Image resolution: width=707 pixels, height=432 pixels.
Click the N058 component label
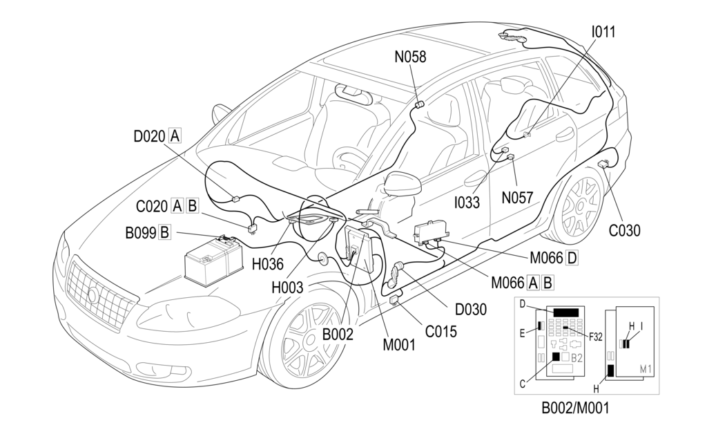click(410, 57)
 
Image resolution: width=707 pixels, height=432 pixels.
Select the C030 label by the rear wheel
click(624, 231)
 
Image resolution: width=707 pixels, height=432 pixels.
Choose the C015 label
click(440, 331)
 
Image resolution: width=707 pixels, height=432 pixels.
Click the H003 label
click(287, 288)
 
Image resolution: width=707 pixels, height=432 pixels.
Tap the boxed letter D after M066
click(571, 259)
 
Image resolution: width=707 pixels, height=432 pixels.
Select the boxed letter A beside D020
click(175, 135)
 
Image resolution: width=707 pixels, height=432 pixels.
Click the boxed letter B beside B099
click(164, 232)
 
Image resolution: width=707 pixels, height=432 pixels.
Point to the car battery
click(213, 262)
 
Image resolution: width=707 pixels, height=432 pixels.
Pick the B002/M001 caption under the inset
click(574, 408)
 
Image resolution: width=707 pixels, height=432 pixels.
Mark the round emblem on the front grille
click(93, 296)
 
